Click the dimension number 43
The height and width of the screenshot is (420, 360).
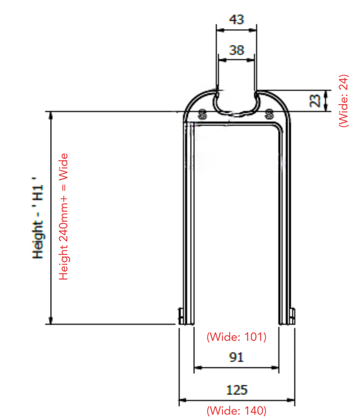[236, 19]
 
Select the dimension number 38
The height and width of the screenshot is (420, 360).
[237, 50]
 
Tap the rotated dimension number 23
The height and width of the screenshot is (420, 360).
[315, 101]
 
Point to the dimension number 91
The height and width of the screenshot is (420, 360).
[236, 357]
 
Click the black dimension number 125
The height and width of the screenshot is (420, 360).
[237, 390]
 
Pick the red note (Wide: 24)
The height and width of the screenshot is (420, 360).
[344, 101]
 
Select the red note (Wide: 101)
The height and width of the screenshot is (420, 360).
[236, 337]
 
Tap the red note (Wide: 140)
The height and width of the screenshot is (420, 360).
[236, 411]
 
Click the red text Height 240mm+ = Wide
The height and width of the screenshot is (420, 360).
[63, 216]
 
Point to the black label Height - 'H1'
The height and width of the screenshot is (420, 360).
[38, 218]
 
